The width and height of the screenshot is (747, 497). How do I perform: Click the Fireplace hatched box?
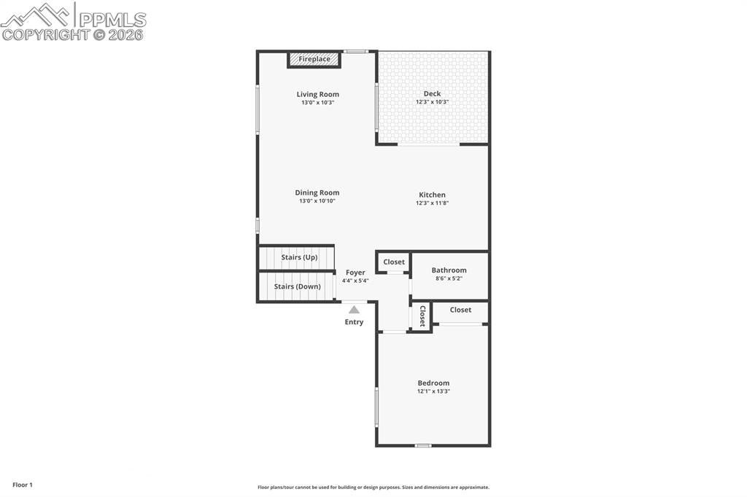pos(314,60)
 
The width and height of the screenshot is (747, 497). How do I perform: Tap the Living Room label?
pos(318,94)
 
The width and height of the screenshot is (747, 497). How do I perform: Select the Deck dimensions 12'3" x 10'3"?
pos(432,102)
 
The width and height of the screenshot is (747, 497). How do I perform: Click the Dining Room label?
pos(317,193)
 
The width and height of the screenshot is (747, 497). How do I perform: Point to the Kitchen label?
pos(432,195)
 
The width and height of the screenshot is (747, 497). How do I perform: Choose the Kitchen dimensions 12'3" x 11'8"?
pos(432,203)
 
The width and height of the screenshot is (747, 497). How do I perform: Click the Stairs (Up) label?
pos(299,257)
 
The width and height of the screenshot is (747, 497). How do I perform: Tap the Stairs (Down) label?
pos(298,286)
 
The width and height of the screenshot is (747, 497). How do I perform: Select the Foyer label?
pos(355,273)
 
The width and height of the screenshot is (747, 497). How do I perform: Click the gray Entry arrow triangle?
pos(354,310)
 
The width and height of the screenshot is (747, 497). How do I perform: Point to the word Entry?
pos(354,322)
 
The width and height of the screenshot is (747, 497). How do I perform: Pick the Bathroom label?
pos(449,270)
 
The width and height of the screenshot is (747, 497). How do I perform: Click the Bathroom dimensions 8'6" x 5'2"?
pos(449,278)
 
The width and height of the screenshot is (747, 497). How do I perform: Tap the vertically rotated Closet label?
pos(422,316)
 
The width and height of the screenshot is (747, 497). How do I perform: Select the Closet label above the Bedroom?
pos(461,310)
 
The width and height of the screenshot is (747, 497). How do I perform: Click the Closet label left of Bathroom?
pos(394,262)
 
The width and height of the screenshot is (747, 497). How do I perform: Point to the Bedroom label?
pos(433,383)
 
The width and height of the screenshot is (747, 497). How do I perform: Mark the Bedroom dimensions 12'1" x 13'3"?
pos(433,391)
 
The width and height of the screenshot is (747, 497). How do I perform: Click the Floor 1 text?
pos(23,485)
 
